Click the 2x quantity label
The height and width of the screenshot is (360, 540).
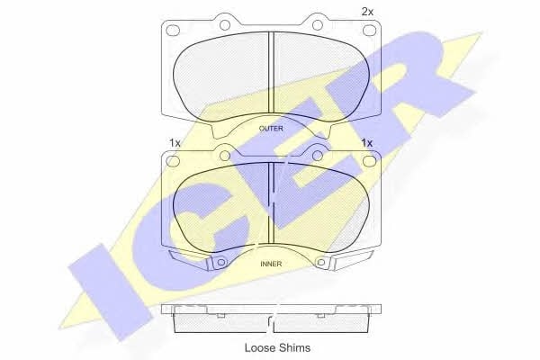(x=367, y=12)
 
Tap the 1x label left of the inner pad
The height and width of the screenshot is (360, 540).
(x=175, y=142)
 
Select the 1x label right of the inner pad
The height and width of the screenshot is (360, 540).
(x=367, y=142)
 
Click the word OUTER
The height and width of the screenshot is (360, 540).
(x=271, y=129)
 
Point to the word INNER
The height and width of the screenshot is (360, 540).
(x=271, y=264)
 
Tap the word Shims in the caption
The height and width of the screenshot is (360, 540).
(x=292, y=347)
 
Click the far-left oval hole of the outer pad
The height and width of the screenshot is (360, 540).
(x=173, y=30)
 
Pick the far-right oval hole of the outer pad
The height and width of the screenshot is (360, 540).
(x=369, y=30)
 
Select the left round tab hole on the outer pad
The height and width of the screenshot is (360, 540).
(x=224, y=25)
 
